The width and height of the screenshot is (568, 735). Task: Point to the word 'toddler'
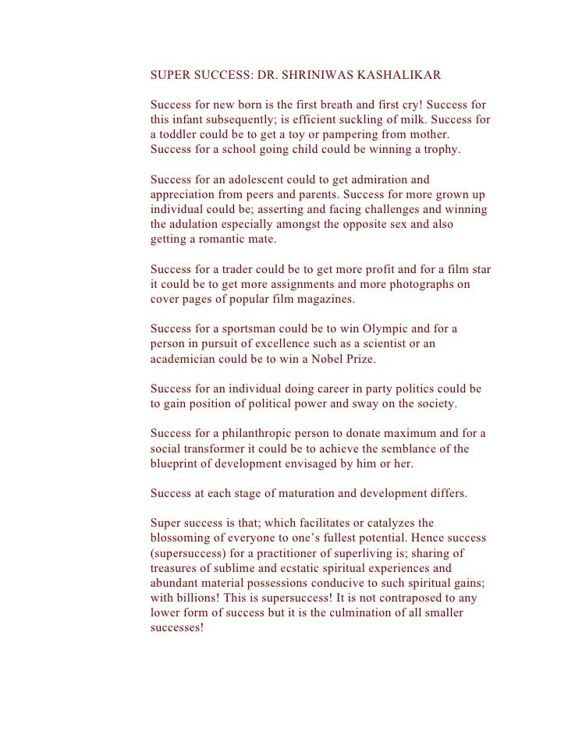pyautogui.click(x=182, y=134)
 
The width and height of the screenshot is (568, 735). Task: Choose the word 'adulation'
pyautogui.click(x=198, y=225)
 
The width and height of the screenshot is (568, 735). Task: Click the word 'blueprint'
pyautogui.click(x=177, y=463)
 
